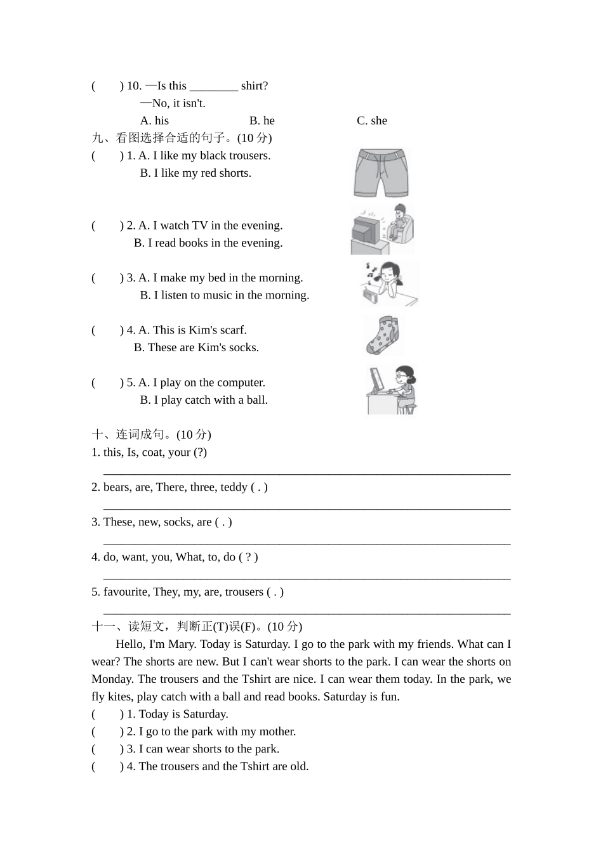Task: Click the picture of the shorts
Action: coord(381,173)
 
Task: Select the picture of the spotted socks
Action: coord(383,335)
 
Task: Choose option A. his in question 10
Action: coord(154,120)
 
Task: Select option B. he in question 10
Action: coord(262,120)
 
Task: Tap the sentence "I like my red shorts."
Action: coord(202,173)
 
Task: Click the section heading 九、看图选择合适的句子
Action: coord(182,138)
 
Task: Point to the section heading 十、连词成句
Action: coord(151,435)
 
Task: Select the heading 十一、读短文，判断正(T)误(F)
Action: coord(197,627)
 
